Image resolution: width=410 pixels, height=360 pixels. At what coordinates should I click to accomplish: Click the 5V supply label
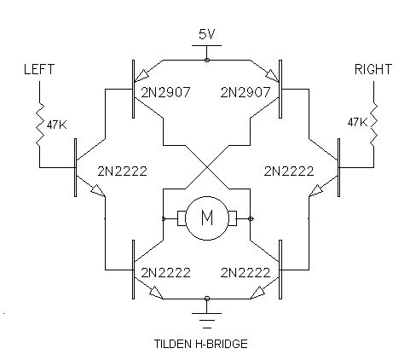click(206, 34)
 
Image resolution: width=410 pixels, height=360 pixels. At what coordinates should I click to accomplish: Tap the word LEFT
click(39, 69)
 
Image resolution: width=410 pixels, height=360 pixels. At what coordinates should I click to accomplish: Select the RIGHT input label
click(373, 69)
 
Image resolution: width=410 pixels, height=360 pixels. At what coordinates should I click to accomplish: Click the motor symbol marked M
click(207, 218)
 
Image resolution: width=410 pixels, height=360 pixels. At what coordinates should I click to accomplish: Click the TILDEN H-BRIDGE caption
click(201, 344)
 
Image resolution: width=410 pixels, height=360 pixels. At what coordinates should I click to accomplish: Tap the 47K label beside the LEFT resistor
click(56, 125)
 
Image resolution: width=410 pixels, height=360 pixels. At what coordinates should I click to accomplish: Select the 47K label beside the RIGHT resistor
click(357, 123)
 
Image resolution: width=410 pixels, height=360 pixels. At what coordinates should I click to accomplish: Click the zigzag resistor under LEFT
click(40, 125)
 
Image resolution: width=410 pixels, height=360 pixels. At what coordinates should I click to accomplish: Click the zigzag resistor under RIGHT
click(373, 125)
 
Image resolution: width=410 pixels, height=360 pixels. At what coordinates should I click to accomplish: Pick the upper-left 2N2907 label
click(165, 92)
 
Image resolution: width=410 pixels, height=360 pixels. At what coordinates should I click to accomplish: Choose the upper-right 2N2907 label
click(245, 92)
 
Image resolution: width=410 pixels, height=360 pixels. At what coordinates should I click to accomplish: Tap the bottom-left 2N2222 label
click(165, 273)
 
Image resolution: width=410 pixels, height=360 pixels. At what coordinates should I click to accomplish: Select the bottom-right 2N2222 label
click(245, 273)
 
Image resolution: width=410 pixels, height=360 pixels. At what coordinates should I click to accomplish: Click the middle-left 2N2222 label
click(123, 171)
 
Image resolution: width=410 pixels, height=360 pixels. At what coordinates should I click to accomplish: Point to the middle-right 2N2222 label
click(289, 171)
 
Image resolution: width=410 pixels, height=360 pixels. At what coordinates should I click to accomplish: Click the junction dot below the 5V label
click(207, 60)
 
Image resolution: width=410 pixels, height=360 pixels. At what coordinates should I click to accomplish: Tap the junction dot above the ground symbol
click(207, 299)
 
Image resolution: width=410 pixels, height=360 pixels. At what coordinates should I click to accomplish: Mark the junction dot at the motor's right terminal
click(251, 218)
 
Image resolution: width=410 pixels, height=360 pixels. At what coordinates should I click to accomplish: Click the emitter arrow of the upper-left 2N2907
click(141, 75)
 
